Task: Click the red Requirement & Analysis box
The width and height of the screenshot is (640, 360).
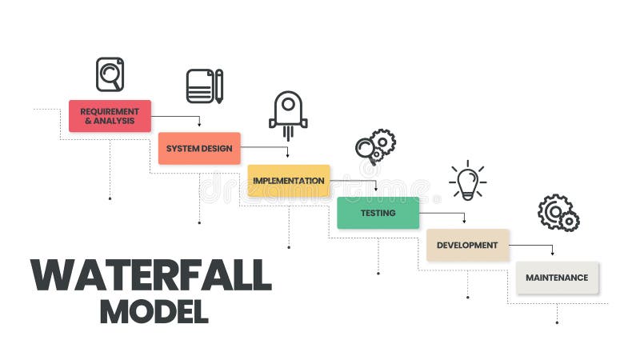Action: (110, 116)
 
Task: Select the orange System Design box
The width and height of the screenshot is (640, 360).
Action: (199, 148)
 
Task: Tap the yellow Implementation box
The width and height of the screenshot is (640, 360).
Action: (289, 181)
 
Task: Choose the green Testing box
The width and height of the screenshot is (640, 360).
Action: (378, 213)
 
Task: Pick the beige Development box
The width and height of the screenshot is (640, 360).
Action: (467, 245)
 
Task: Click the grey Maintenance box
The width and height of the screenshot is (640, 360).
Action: (557, 278)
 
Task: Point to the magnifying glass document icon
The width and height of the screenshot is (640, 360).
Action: (110, 74)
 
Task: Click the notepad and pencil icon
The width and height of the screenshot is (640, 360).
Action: (204, 86)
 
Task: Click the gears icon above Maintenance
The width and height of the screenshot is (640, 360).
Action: (558, 213)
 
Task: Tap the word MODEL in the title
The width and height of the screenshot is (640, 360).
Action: (154, 311)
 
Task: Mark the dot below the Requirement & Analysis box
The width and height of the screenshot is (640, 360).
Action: (110, 198)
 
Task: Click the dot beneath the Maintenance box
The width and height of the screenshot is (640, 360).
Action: (557, 322)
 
